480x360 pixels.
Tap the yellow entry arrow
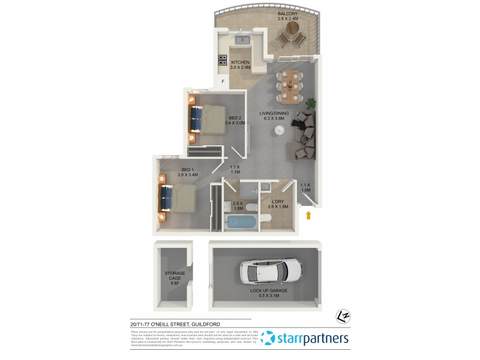tap(309, 215)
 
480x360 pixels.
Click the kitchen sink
tap(243, 41)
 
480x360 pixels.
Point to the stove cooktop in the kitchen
tap(223, 60)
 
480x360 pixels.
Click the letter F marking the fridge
tap(223, 81)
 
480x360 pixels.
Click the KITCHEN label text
tap(240, 62)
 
